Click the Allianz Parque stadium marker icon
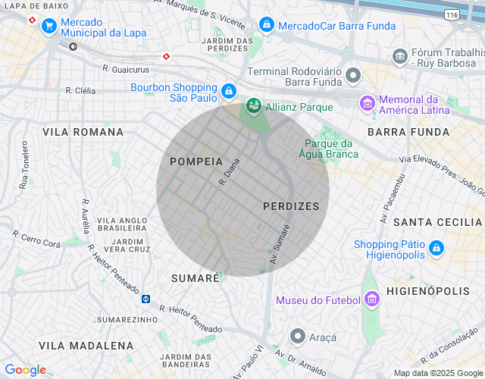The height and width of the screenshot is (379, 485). tap(253, 107)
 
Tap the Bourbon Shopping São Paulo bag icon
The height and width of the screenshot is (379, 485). tap(228, 92)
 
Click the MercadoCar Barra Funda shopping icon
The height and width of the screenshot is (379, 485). tap(266, 25)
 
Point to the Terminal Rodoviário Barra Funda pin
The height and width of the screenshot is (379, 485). tap(352, 75)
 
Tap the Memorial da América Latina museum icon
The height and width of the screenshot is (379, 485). tap(368, 103)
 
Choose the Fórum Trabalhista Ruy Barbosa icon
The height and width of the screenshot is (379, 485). tap(399, 56)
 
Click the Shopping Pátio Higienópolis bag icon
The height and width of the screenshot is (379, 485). tap(436, 248)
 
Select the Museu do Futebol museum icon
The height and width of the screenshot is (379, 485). tap(371, 300)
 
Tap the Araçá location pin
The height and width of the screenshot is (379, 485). tap(298, 335)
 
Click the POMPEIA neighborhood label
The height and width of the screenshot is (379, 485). tap(196, 161)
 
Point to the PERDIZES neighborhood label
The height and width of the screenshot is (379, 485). tap(291, 206)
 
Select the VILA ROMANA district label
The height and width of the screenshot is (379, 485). tap(83, 132)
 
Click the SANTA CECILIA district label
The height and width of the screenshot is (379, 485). tap(438, 221)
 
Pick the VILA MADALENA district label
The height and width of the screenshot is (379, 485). tap(76, 346)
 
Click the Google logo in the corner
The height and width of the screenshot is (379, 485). tap(26, 370)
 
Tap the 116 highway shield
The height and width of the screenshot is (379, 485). tap(452, 14)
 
